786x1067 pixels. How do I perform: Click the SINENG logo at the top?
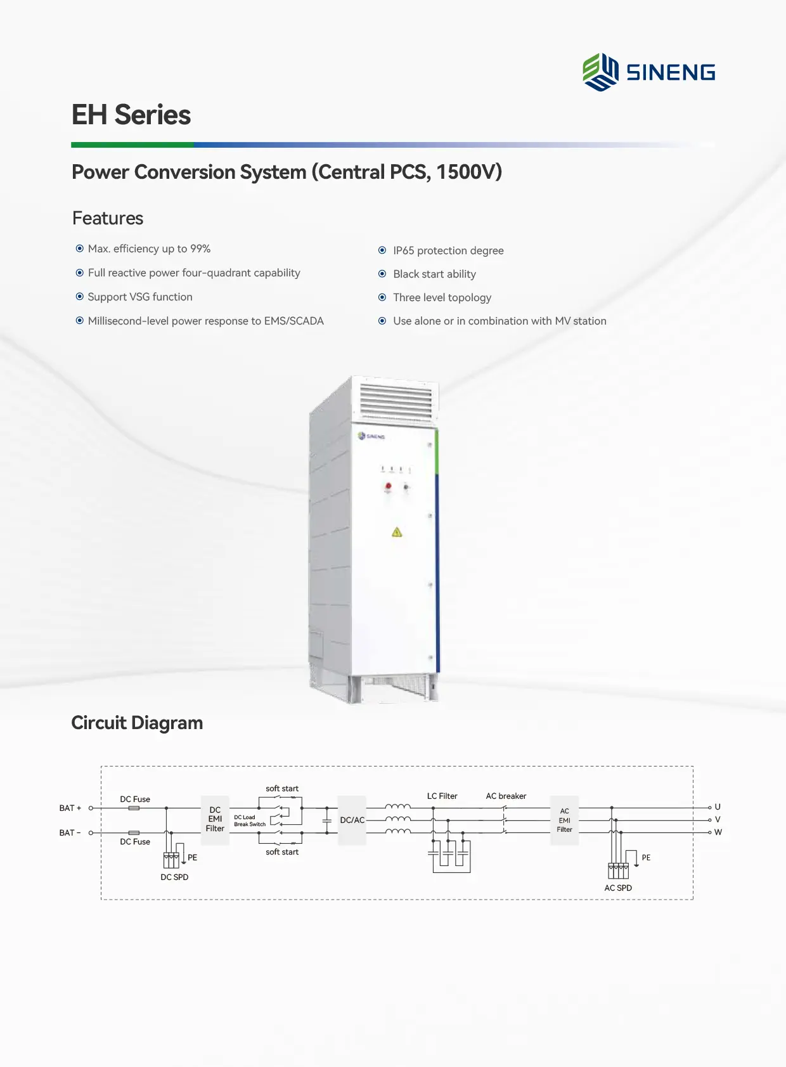[648, 72]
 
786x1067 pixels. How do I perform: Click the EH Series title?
[131, 115]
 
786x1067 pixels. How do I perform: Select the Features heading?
[108, 218]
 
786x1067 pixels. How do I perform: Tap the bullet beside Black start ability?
[382, 274]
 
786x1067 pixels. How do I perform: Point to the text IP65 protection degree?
[448, 250]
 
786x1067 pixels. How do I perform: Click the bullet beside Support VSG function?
[80, 297]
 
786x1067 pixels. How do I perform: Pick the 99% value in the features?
[200, 249]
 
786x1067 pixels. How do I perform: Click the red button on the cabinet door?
[388, 486]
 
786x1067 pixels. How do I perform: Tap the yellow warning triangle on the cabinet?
[397, 532]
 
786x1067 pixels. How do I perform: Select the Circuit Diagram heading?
[137, 723]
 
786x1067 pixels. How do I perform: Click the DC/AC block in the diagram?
[352, 820]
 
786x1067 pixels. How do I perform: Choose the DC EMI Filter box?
[215, 819]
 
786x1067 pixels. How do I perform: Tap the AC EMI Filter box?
[564, 820]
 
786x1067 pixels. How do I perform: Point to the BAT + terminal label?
[70, 808]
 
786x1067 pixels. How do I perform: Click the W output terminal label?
[718, 832]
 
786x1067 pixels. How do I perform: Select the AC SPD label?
[618, 888]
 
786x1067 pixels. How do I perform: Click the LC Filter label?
[442, 796]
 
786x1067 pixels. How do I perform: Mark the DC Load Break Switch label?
[250, 820]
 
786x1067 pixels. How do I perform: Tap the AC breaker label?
[506, 796]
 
